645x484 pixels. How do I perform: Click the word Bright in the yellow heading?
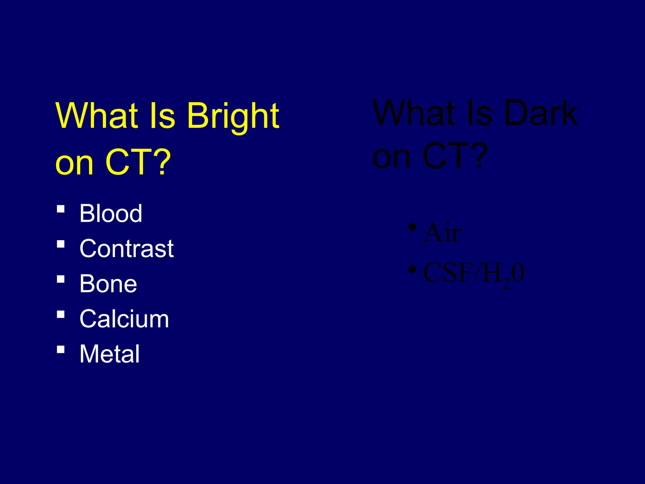pyautogui.click(x=233, y=117)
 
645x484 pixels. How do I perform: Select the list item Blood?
pyautogui.click(x=111, y=213)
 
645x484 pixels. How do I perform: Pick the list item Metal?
pyautogui.click(x=109, y=354)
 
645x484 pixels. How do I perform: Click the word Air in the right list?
pyautogui.click(x=442, y=233)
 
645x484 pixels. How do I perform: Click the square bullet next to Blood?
pyautogui.click(x=61, y=209)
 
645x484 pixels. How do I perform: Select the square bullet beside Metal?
pyautogui.click(x=61, y=349)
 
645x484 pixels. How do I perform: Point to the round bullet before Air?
pyautogui.click(x=412, y=227)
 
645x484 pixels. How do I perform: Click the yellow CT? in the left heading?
pyautogui.click(x=138, y=163)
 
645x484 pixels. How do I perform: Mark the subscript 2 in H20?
pyautogui.click(x=506, y=284)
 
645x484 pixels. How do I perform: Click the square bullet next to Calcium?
pyautogui.click(x=61, y=314)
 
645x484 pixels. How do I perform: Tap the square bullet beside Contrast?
pyautogui.click(x=61, y=244)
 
